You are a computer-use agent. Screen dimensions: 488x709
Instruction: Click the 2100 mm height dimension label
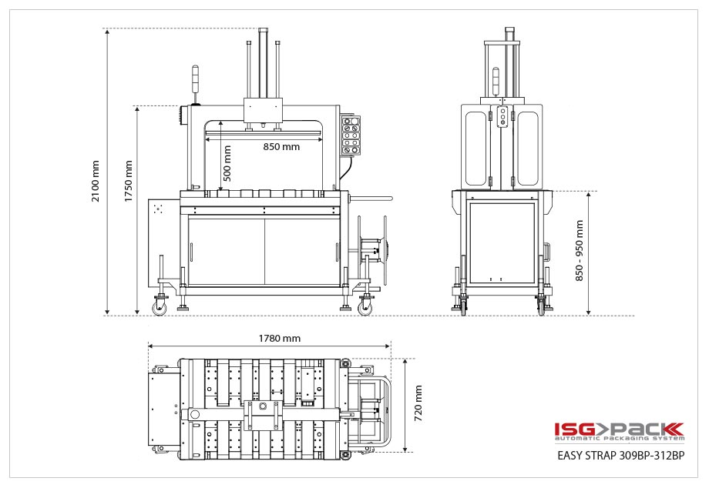point(96,181)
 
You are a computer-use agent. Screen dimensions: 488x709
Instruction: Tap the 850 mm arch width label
point(281,147)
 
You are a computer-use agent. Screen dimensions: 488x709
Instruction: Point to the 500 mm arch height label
point(227,163)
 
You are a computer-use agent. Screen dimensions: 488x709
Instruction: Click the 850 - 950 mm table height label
point(580,250)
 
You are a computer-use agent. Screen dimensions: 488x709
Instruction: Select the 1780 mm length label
point(281,338)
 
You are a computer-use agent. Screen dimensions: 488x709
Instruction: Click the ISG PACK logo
point(618,429)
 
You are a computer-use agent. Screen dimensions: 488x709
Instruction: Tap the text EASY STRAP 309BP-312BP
point(620,455)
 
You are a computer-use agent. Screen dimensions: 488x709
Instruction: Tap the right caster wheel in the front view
point(364,308)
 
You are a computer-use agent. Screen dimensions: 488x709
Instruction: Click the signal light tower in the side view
point(497,81)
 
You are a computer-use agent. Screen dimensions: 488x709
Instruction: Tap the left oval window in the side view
point(477,148)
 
